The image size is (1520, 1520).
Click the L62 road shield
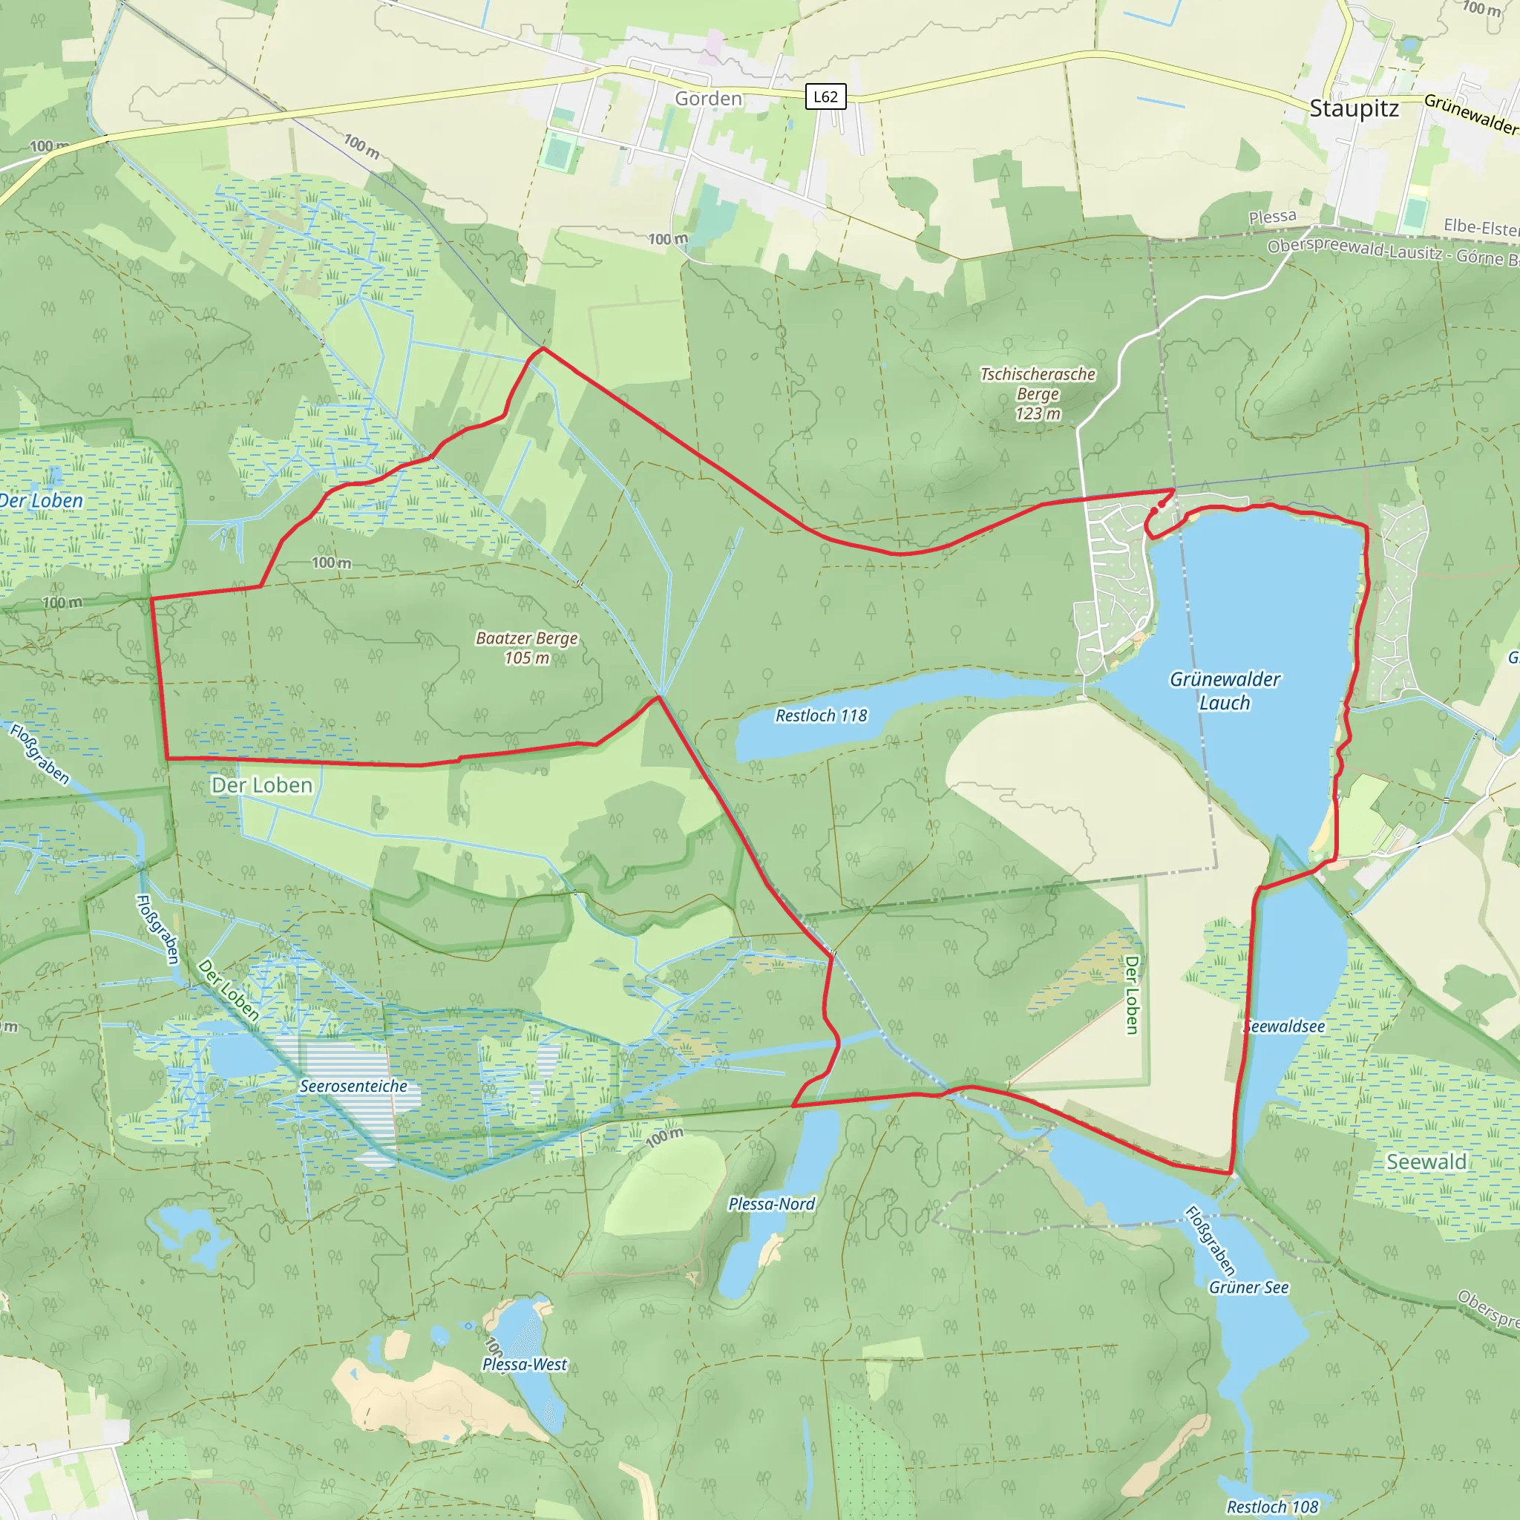point(825,96)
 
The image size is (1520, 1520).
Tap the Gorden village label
point(708,99)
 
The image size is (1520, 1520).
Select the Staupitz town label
point(1353,108)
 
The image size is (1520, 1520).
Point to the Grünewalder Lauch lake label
point(1224,690)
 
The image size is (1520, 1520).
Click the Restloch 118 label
point(821,715)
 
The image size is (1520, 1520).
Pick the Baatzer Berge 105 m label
point(526,647)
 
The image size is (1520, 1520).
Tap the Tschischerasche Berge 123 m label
point(1038,393)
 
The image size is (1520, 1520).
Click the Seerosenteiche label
point(353,1086)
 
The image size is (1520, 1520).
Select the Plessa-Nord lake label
point(771,1203)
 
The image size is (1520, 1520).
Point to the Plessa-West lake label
point(524,1363)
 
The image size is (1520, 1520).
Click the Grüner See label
point(1248,1287)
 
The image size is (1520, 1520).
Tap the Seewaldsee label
point(1285,1026)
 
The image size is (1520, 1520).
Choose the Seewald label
point(1426,1162)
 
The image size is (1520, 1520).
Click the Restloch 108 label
point(1272,1506)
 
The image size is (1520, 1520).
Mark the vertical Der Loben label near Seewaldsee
point(1131,995)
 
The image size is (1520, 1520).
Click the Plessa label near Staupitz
point(1272,217)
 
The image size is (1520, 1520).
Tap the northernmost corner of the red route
point(543,348)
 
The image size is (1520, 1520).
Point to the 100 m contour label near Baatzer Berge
point(331,563)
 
